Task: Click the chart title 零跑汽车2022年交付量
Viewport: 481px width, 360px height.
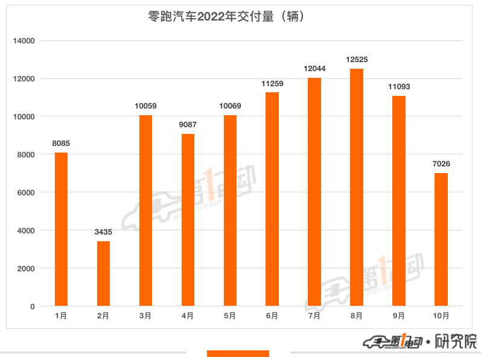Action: click(225, 17)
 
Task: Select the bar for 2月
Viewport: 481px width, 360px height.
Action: click(103, 274)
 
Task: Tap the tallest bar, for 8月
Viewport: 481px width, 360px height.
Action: click(357, 188)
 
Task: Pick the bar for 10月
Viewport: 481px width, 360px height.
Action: click(441, 239)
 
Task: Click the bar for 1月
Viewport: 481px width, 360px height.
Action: click(61, 229)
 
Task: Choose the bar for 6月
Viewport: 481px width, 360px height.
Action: click(272, 199)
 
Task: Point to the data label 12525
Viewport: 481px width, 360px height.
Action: click(357, 60)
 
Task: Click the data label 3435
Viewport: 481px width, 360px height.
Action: click(103, 232)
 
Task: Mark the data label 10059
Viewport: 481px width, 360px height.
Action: click(145, 106)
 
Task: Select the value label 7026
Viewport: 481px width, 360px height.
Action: click(441, 164)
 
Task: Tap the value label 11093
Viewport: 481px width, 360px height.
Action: click(399, 87)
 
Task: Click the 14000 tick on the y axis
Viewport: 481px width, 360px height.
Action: click(24, 41)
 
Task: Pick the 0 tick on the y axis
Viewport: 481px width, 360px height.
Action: click(33, 306)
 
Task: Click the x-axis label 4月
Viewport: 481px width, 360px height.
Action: click(188, 315)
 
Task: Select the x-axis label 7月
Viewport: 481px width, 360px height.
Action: click(314, 315)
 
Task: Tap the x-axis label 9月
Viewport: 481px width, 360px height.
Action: click(399, 315)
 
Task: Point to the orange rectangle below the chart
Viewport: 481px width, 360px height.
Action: click(238, 353)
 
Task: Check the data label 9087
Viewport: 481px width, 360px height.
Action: click(188, 125)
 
